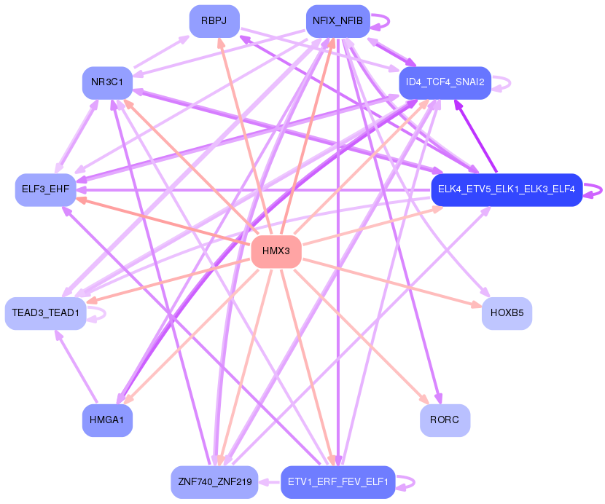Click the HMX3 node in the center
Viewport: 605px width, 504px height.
coord(276,251)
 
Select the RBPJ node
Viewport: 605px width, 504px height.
coord(214,21)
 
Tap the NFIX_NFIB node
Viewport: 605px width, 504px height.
coord(338,21)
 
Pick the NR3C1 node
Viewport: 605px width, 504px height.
coord(107,82)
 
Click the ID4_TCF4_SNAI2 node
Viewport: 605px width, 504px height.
coord(445,82)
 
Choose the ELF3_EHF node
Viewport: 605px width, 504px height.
coord(45,189)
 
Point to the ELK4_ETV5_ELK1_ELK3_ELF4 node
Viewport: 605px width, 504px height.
coord(507,189)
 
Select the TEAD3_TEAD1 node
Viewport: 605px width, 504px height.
coord(45,313)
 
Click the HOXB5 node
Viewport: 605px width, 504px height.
coord(507,313)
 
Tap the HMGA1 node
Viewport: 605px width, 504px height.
coord(107,420)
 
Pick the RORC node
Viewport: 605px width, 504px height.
coord(445,420)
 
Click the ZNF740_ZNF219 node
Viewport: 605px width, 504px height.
coord(214,482)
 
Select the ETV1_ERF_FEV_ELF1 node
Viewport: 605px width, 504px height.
coord(338,482)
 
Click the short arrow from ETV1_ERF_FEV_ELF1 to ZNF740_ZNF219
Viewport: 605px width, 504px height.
coord(269,482)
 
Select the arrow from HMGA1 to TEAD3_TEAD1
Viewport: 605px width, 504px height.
coord(77,366)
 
